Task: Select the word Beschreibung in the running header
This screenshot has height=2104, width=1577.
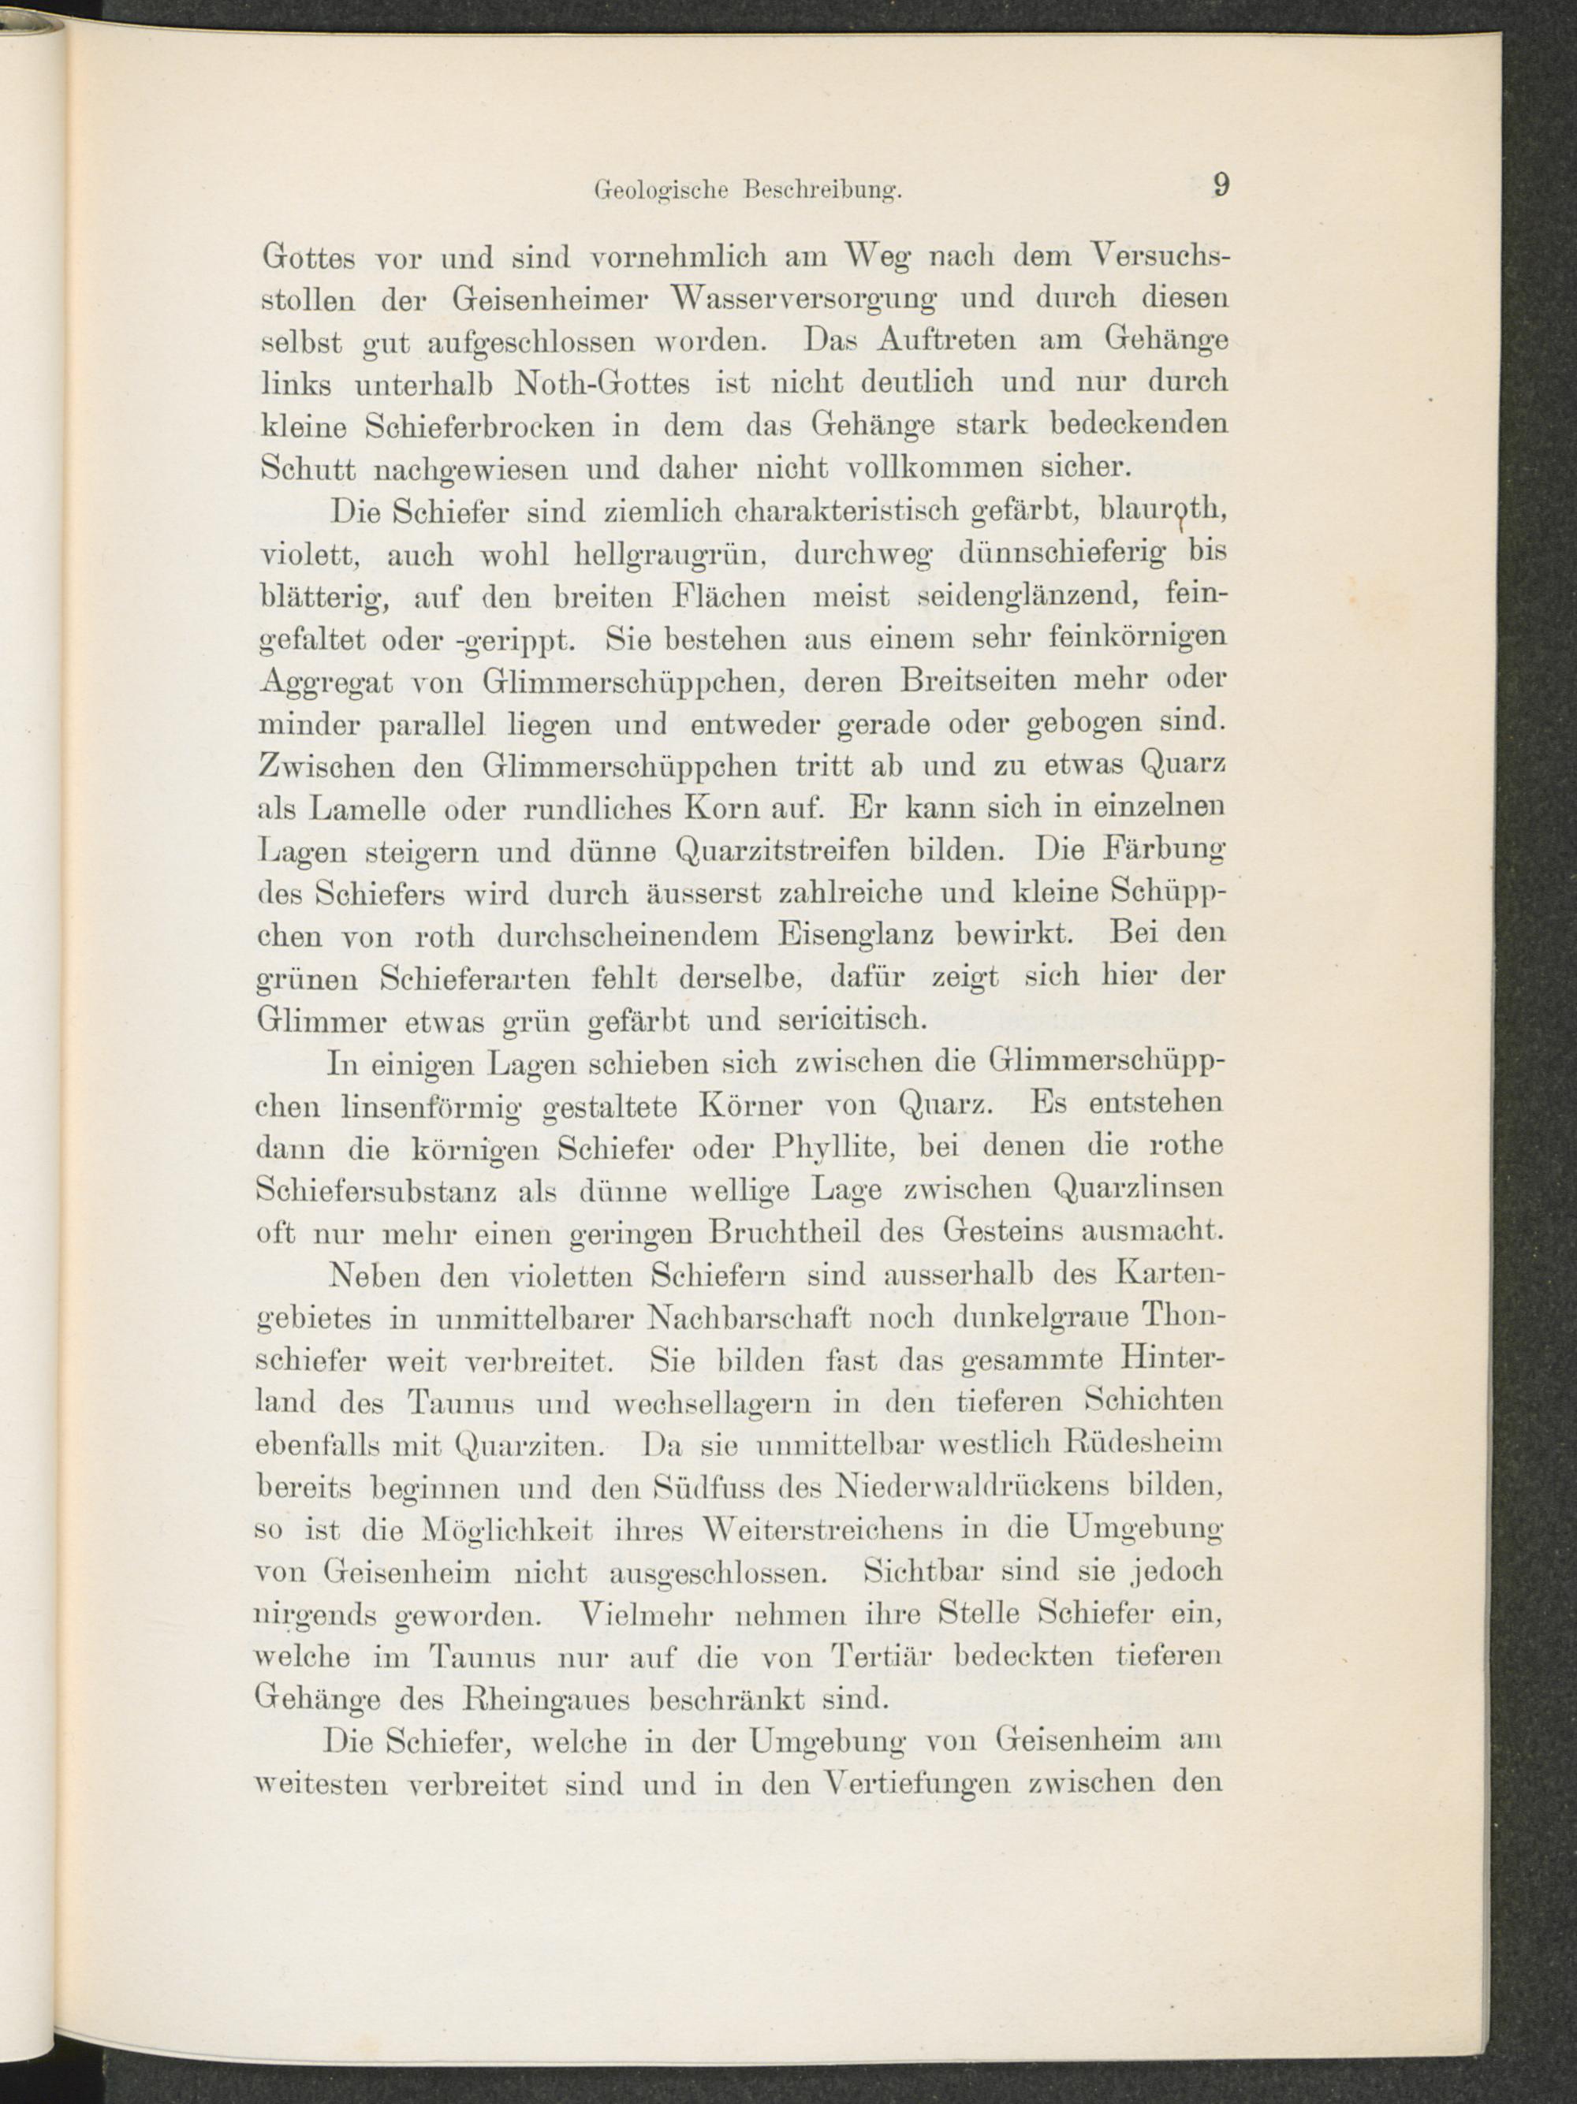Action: click(822, 190)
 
